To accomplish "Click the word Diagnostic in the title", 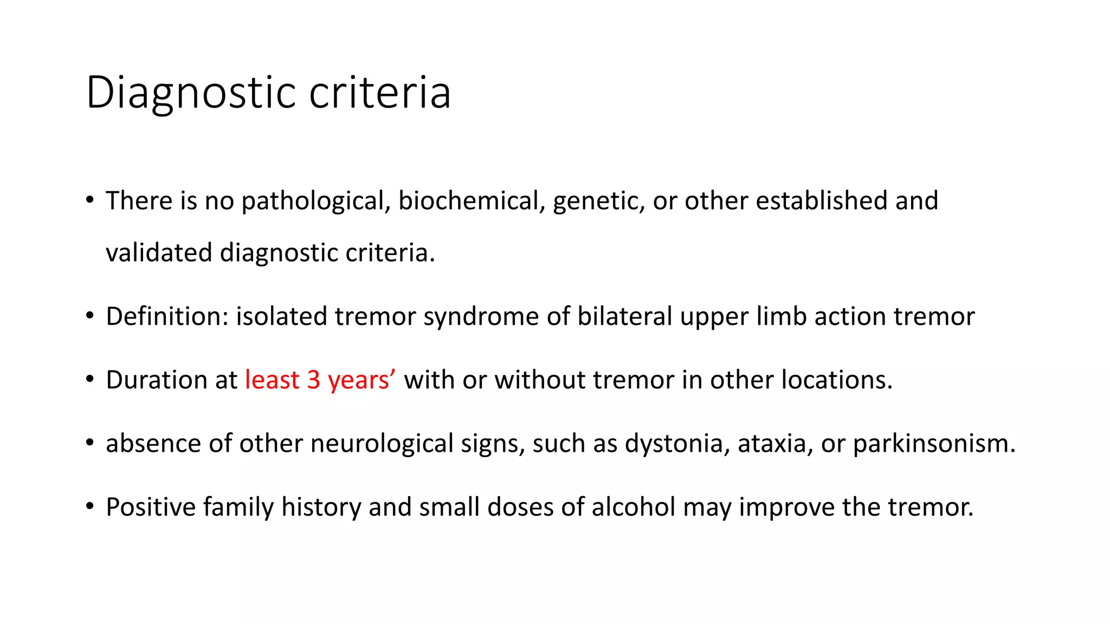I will [191, 93].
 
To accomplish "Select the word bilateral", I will [624, 316].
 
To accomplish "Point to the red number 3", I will [314, 380].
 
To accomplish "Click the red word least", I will [272, 380].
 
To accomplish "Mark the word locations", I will [836, 380].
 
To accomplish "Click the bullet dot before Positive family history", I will [90, 506].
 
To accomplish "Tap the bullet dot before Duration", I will [90, 379].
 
